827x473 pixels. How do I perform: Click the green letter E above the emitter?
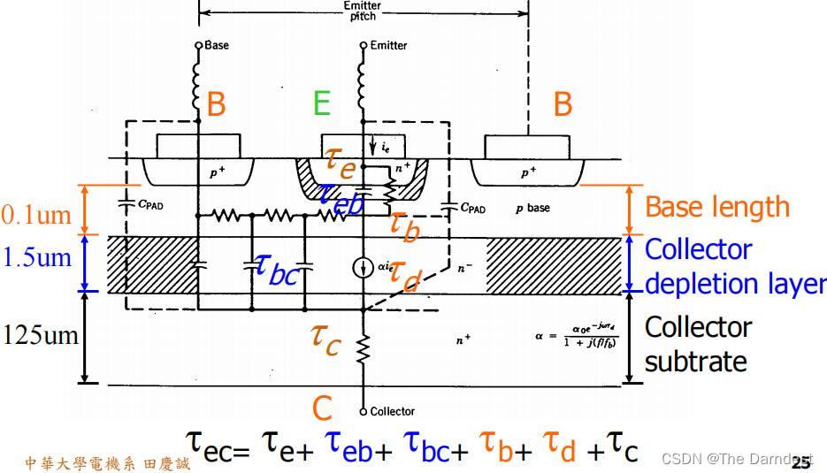pyautogui.click(x=321, y=104)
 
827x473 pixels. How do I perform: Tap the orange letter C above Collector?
pyautogui.click(x=322, y=408)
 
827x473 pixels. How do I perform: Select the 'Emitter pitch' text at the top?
pyautogui.click(x=363, y=10)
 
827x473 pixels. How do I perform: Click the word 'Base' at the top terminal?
pyautogui.click(x=216, y=44)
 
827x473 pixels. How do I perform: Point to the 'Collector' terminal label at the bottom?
pyautogui.click(x=392, y=411)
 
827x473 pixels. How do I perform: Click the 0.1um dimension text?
pyautogui.click(x=36, y=215)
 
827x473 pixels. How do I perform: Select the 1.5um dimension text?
pyautogui.click(x=36, y=257)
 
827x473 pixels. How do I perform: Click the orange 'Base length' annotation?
pyautogui.click(x=716, y=207)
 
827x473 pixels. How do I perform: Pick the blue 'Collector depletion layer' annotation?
pyautogui.click(x=734, y=266)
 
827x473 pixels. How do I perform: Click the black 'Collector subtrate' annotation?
pyautogui.click(x=698, y=344)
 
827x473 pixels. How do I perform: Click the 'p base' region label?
pyautogui.click(x=532, y=208)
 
